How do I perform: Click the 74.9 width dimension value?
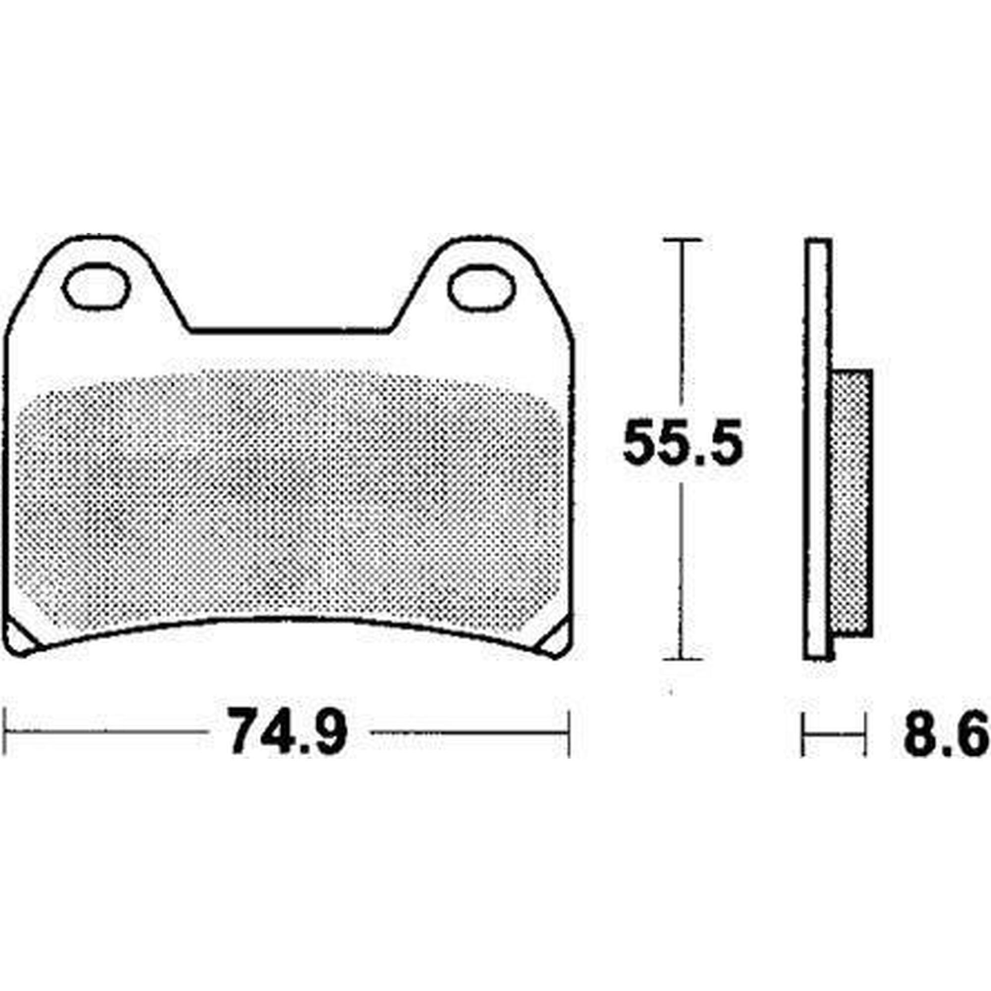[288, 731]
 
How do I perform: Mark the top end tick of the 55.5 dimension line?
[681, 240]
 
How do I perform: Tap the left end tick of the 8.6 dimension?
[803, 733]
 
